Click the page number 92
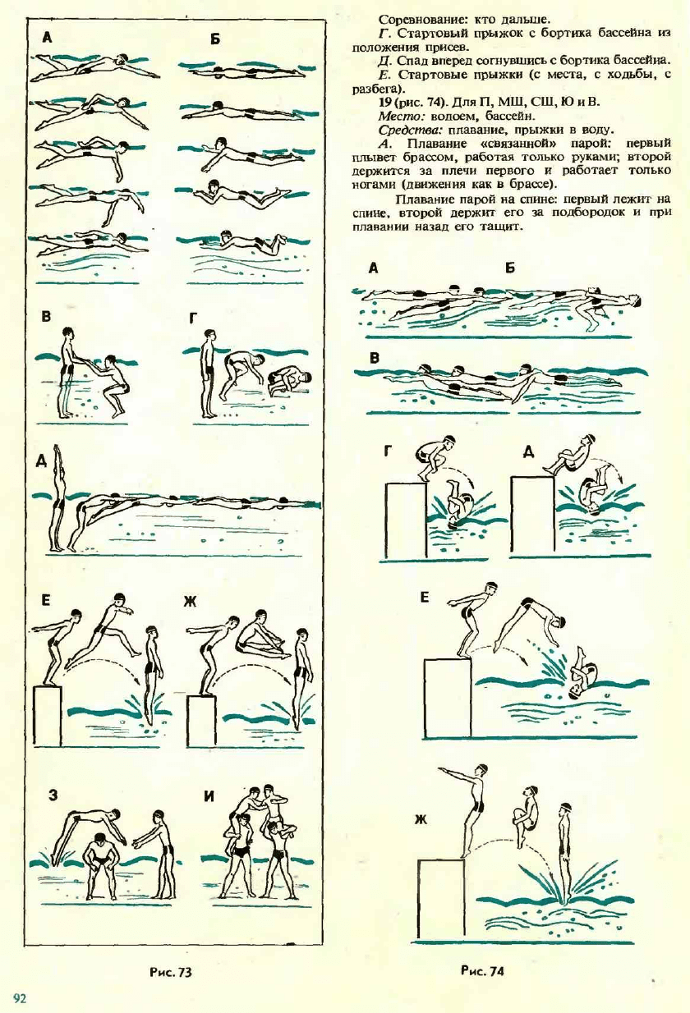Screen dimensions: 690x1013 coord(21,997)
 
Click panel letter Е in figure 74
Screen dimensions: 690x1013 coord(424,598)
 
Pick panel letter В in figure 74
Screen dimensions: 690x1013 coord(375,359)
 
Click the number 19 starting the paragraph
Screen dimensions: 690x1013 coord(384,103)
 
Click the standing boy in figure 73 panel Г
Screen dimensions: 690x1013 coord(209,374)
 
